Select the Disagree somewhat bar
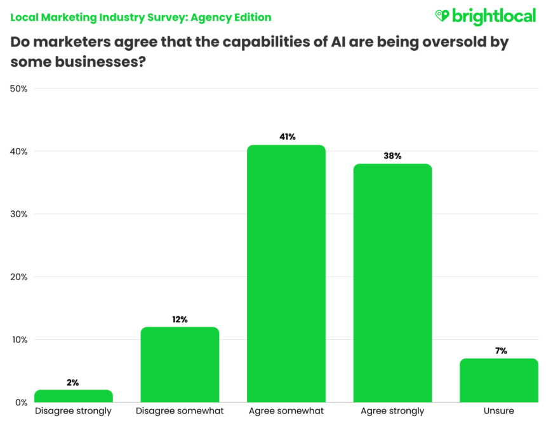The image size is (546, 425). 180,365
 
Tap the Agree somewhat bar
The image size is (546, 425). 286,274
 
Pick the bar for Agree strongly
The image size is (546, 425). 392,283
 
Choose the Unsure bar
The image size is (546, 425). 498,380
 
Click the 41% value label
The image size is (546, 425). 286,137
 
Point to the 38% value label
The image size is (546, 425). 392,156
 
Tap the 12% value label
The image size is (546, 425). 180,319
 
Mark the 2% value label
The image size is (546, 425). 72,382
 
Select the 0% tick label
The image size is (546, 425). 21,402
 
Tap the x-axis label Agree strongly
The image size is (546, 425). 392,411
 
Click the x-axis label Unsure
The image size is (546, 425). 498,411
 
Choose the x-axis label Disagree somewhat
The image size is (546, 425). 180,411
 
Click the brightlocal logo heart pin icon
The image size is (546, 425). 442,16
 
